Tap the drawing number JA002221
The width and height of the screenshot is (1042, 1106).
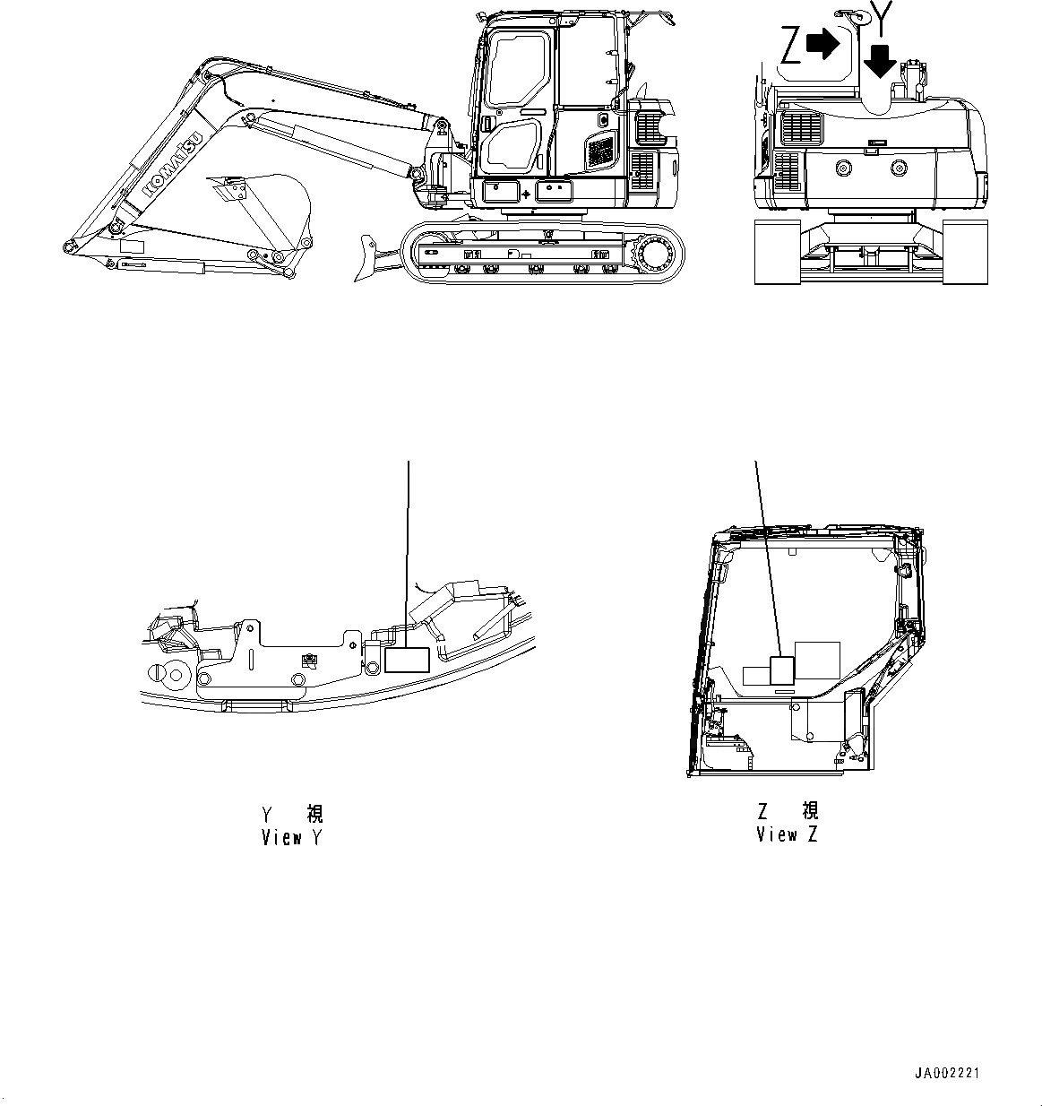pos(948,1073)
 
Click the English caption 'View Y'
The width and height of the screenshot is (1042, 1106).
pos(291,838)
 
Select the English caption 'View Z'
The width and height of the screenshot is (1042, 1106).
pos(788,834)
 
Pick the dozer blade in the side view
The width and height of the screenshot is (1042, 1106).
pos(370,258)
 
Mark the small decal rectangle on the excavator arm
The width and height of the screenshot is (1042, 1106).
pos(132,246)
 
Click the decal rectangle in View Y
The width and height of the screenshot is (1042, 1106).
pos(408,660)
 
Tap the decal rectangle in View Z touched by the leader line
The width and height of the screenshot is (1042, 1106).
pos(782,672)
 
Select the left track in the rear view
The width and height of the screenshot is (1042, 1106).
pos(778,253)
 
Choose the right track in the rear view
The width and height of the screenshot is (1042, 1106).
pos(966,253)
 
